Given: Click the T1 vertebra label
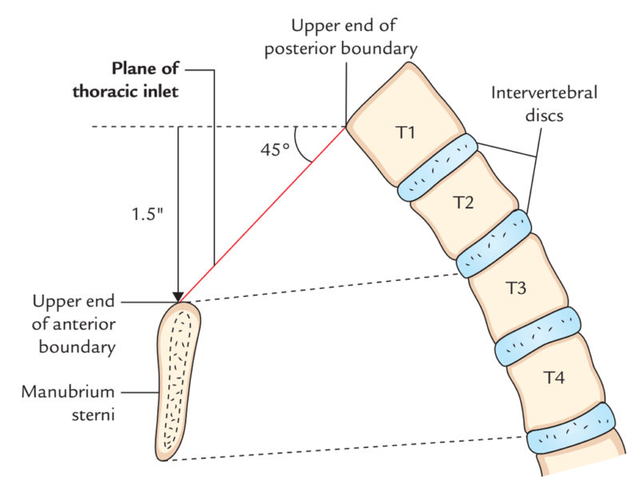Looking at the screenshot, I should [x=406, y=133].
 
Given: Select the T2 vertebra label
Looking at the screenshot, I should [x=463, y=203].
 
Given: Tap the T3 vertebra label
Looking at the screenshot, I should [x=517, y=288].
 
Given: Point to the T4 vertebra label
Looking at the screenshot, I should [x=554, y=378].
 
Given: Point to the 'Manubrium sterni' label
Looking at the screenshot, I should [x=68, y=402].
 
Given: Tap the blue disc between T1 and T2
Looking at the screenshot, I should [x=437, y=167].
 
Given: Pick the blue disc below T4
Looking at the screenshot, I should [x=574, y=430].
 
